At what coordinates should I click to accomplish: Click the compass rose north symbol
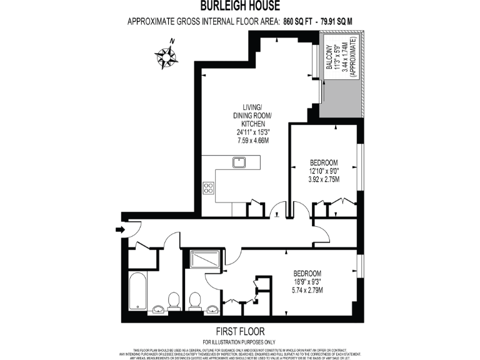(x=167, y=57)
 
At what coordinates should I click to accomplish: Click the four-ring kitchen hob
(x=209, y=187)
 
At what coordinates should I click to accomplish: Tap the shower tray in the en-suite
(x=204, y=260)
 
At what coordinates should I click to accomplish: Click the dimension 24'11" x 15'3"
(x=252, y=132)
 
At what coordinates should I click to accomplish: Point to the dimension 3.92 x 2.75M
(x=323, y=178)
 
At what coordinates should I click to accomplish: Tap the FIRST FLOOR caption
(x=240, y=331)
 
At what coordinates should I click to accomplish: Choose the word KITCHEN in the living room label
(x=252, y=124)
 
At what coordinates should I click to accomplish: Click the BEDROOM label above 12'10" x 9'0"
(x=323, y=160)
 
